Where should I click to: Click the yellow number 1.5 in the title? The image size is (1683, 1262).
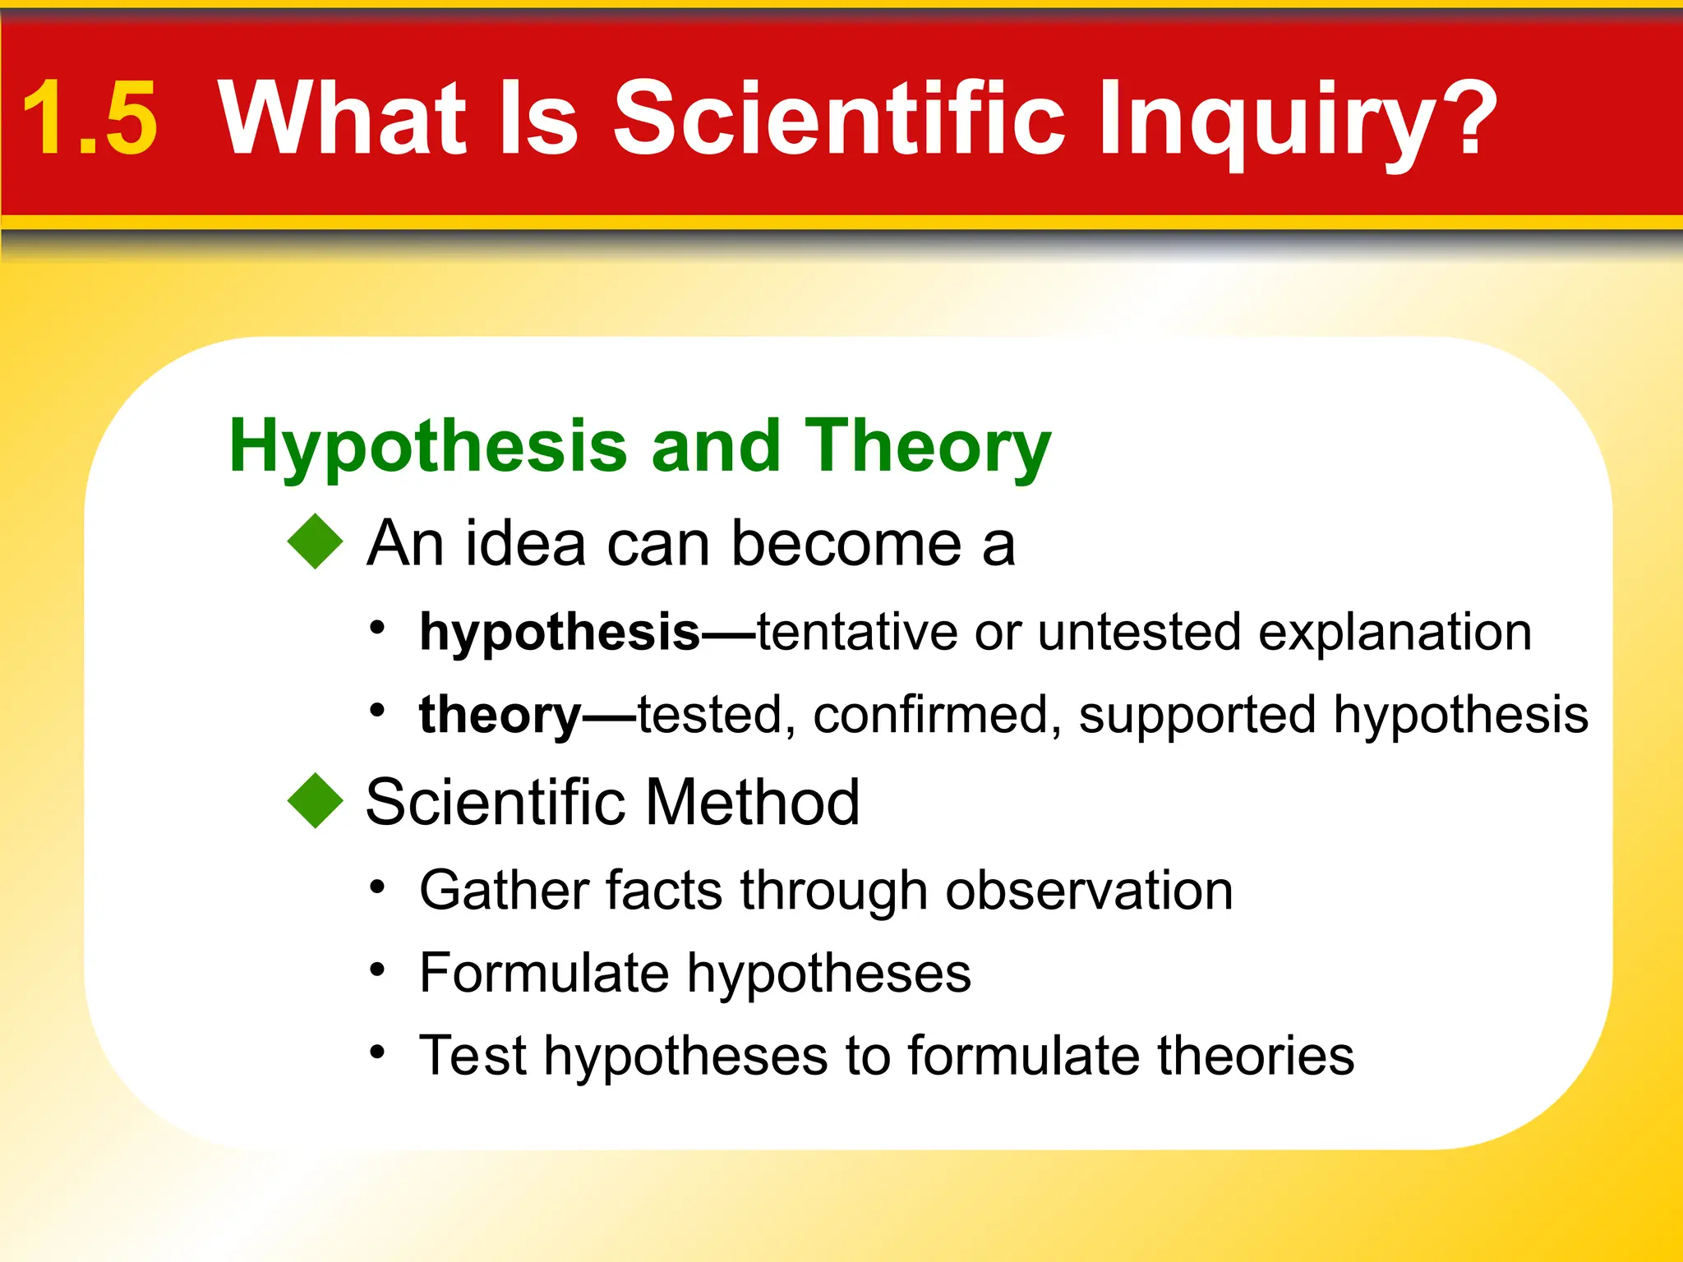pos(89,119)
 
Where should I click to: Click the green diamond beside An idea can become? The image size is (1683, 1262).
pos(315,541)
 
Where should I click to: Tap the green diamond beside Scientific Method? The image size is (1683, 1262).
pos(315,800)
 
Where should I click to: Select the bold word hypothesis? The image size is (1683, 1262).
pos(559,633)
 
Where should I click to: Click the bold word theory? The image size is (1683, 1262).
pos(500,715)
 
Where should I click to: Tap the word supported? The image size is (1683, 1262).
pos(1197,715)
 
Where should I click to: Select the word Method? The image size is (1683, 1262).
pos(752,802)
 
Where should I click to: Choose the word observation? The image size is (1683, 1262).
pos(1089,891)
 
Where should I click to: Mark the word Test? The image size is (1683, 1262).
pos(472,1056)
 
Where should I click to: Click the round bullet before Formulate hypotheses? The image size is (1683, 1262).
pos(377,970)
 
